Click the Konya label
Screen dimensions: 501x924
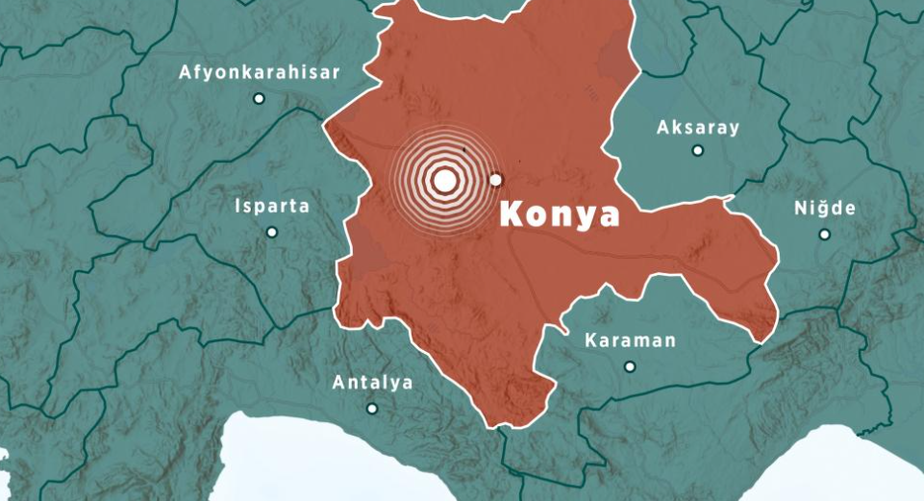pos(560,214)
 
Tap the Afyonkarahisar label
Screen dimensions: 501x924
pos(260,73)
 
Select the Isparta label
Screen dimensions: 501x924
pos(272,206)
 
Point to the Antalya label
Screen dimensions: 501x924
pos(372,383)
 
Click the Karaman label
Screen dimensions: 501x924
pos(630,340)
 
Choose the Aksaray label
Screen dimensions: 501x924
pos(698,127)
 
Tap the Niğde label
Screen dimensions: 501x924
pos(824,209)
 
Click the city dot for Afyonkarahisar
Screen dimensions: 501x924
pos(259,98)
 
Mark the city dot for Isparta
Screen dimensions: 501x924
pos(272,232)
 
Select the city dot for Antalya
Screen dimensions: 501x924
pos(372,409)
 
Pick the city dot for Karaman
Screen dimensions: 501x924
pos(630,366)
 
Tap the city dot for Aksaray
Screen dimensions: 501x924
pos(698,150)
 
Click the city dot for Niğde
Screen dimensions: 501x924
pos(824,234)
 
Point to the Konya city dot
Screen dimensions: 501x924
pos(496,180)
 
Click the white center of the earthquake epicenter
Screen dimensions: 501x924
pos(444,180)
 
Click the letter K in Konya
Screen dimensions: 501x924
pos(510,214)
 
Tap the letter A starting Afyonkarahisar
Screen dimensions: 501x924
pos(185,73)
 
